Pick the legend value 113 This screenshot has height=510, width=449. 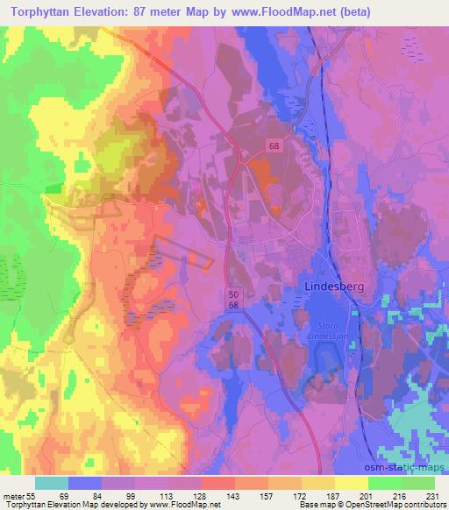168,495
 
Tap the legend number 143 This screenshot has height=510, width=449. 234,495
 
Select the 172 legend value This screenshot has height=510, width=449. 301,495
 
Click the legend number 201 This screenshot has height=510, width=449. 367,495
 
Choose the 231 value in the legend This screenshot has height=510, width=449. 433,495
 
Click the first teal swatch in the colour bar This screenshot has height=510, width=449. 52,483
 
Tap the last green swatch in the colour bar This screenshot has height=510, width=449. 417,483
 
